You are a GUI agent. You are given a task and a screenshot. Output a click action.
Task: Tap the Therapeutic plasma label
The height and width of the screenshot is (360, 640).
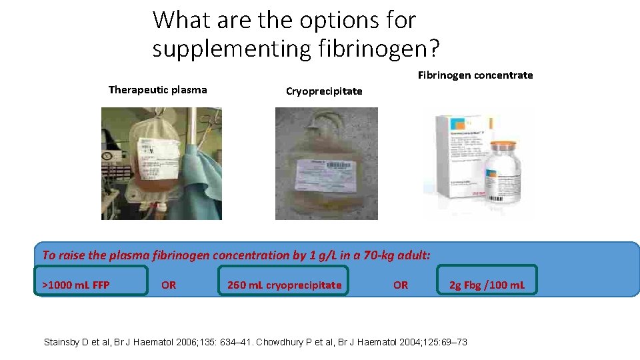(x=157, y=90)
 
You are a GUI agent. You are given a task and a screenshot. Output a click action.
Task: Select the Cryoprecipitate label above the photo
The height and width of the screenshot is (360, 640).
(x=324, y=91)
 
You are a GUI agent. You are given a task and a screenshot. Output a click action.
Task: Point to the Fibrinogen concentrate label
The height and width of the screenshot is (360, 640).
(x=475, y=75)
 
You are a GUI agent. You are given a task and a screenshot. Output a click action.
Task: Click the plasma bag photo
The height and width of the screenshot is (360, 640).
(x=161, y=163)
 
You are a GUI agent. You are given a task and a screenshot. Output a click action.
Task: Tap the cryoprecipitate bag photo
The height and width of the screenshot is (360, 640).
(x=326, y=163)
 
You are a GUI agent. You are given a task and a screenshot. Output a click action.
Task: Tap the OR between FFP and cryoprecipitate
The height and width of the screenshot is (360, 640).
(x=169, y=285)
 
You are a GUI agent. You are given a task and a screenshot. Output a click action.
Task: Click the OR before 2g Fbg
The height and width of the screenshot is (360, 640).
(x=401, y=285)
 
